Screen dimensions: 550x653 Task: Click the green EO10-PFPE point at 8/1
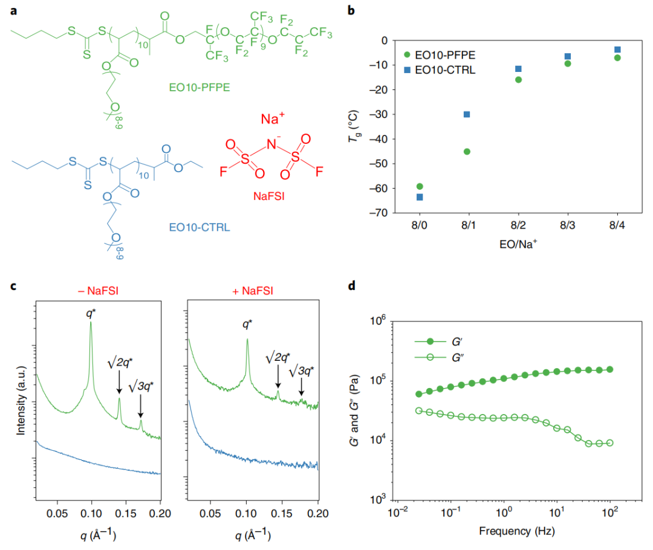point(467,152)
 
